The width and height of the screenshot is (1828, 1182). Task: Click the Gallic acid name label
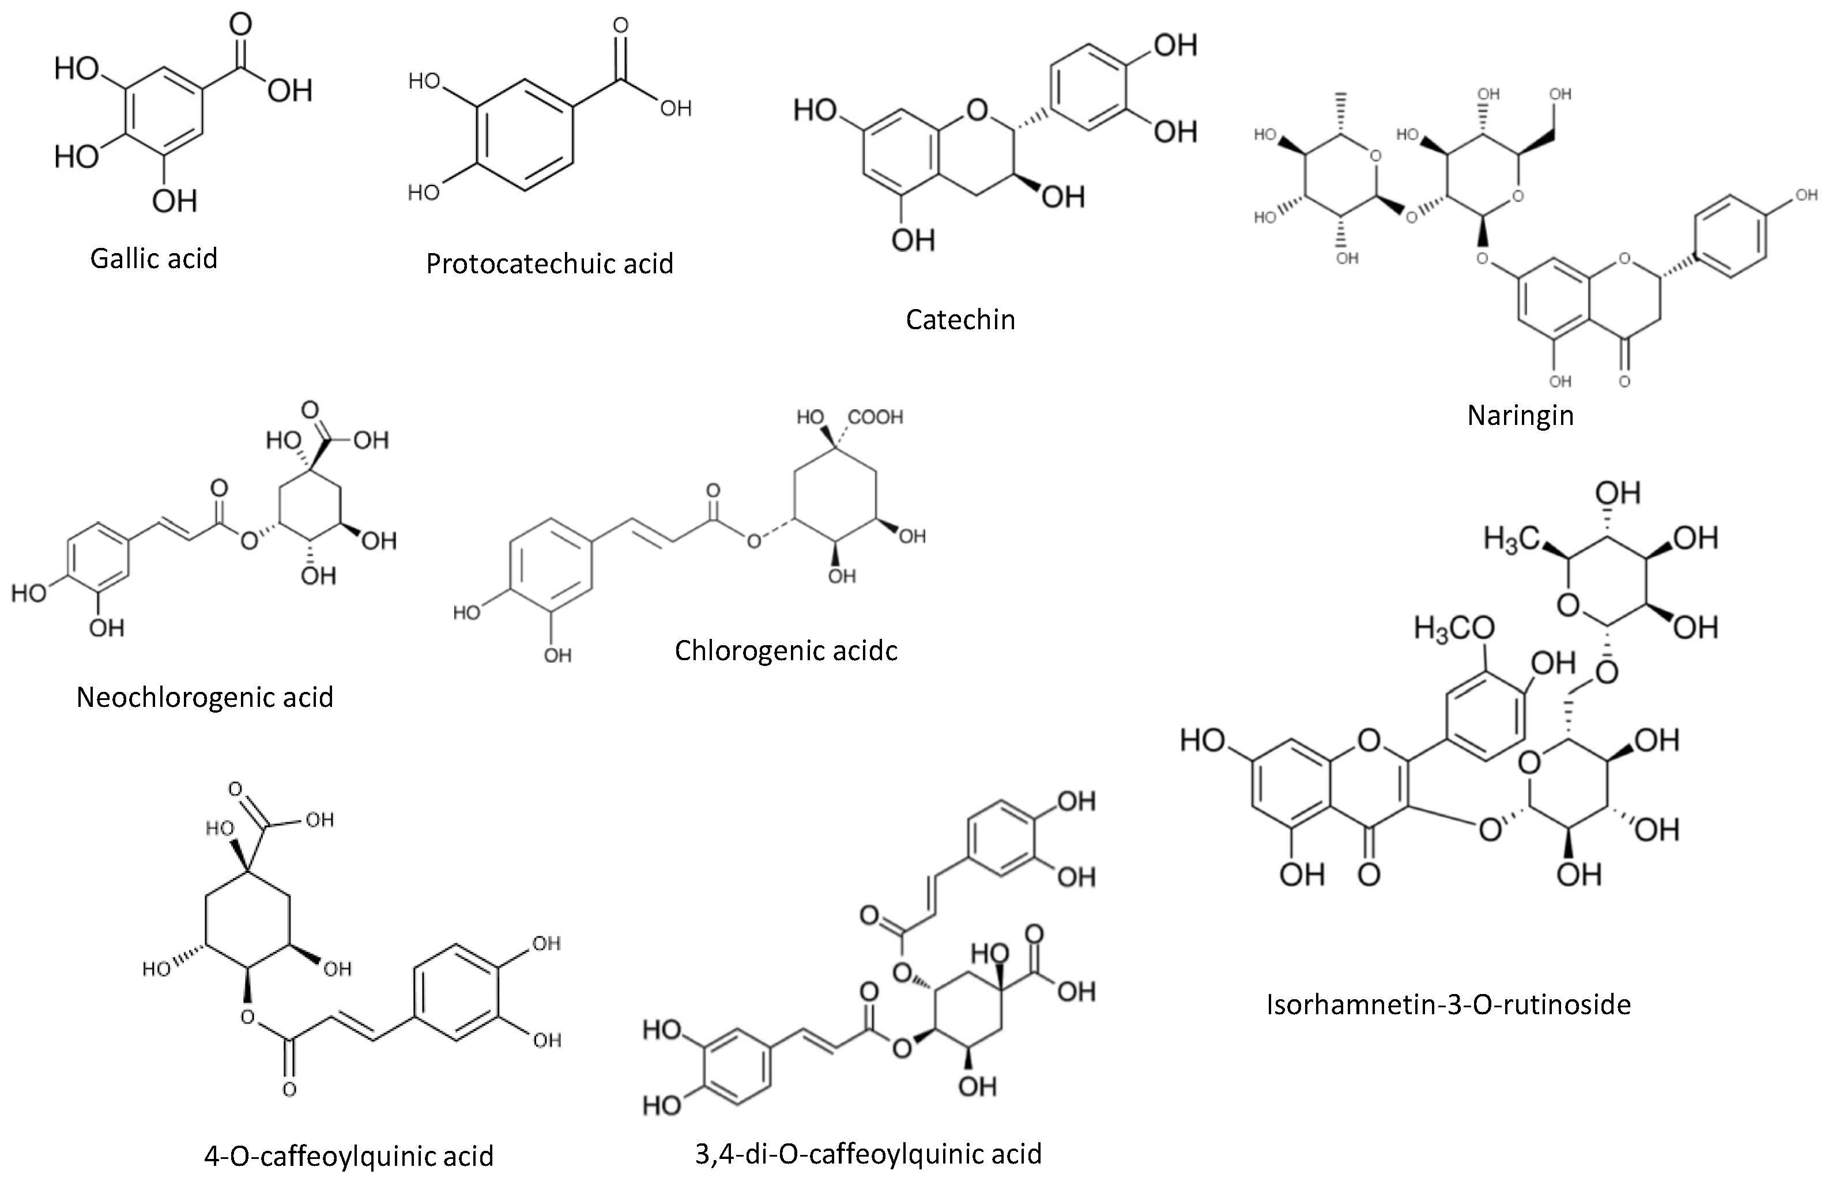pos(153,259)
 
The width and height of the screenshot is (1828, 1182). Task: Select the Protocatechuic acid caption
pos(549,264)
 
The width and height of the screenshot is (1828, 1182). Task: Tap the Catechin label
pos(960,319)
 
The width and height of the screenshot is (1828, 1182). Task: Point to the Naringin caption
pos(1520,415)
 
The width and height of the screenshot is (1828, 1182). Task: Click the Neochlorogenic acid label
pos(205,697)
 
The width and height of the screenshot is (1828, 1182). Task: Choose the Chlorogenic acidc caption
pos(785,650)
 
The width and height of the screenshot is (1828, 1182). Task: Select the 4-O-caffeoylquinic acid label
pos(348,1155)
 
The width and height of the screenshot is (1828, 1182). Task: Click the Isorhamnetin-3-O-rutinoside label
pos(1448,1004)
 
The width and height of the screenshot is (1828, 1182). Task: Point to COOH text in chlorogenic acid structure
pos(876,417)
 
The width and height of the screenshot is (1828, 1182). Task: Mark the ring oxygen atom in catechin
pos(977,111)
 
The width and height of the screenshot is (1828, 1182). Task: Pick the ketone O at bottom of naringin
pos(1624,381)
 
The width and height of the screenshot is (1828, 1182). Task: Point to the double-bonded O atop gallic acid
pos(240,25)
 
